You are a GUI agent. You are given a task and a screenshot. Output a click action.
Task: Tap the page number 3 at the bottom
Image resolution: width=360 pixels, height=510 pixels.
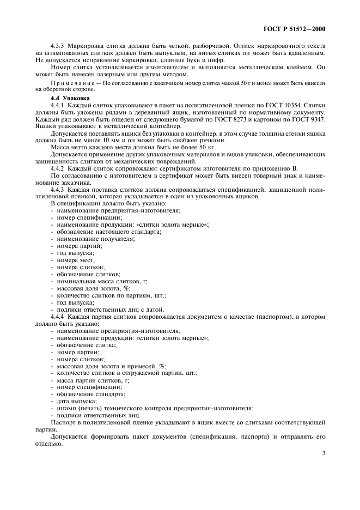click(324, 452)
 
